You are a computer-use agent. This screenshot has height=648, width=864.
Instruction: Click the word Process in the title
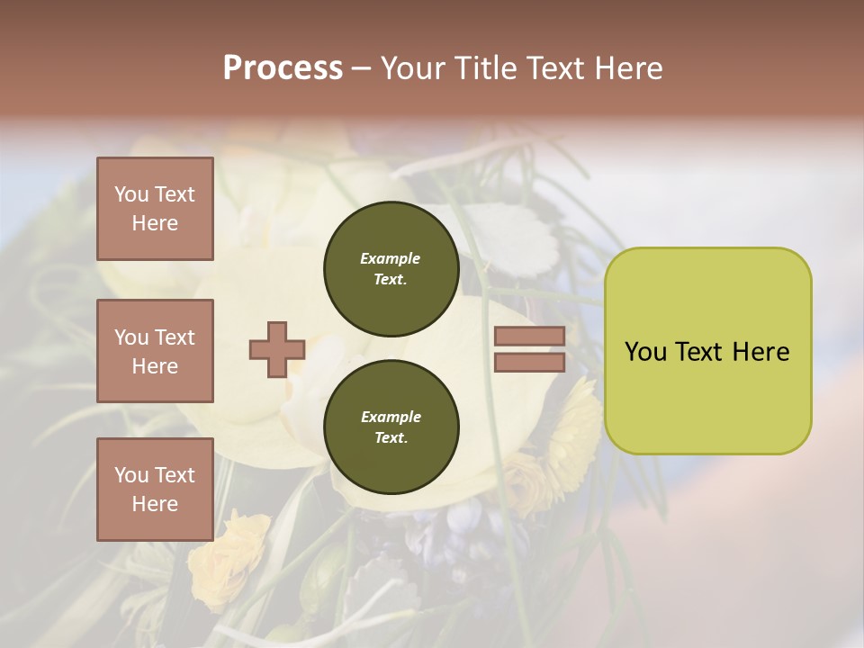(283, 68)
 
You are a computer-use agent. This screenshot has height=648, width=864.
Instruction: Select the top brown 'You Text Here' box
(155, 209)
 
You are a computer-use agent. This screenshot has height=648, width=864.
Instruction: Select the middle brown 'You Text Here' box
(155, 351)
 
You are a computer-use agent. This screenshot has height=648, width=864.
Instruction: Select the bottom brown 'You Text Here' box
(155, 489)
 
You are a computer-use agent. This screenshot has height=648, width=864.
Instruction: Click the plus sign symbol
(277, 349)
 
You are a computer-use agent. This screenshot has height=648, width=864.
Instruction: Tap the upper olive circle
(391, 268)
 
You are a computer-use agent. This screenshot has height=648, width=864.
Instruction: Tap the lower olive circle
(391, 427)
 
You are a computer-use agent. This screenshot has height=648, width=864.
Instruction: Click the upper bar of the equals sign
(529, 336)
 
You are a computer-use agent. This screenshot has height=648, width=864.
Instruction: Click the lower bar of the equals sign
(529, 362)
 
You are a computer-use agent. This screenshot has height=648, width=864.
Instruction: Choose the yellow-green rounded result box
(707, 350)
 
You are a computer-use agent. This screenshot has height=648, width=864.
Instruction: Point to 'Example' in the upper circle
(391, 258)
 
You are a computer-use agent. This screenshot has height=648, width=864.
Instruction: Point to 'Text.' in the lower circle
(391, 437)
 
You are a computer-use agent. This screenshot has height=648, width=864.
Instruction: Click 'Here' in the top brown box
(155, 223)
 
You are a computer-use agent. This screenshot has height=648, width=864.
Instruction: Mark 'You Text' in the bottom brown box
(155, 474)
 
